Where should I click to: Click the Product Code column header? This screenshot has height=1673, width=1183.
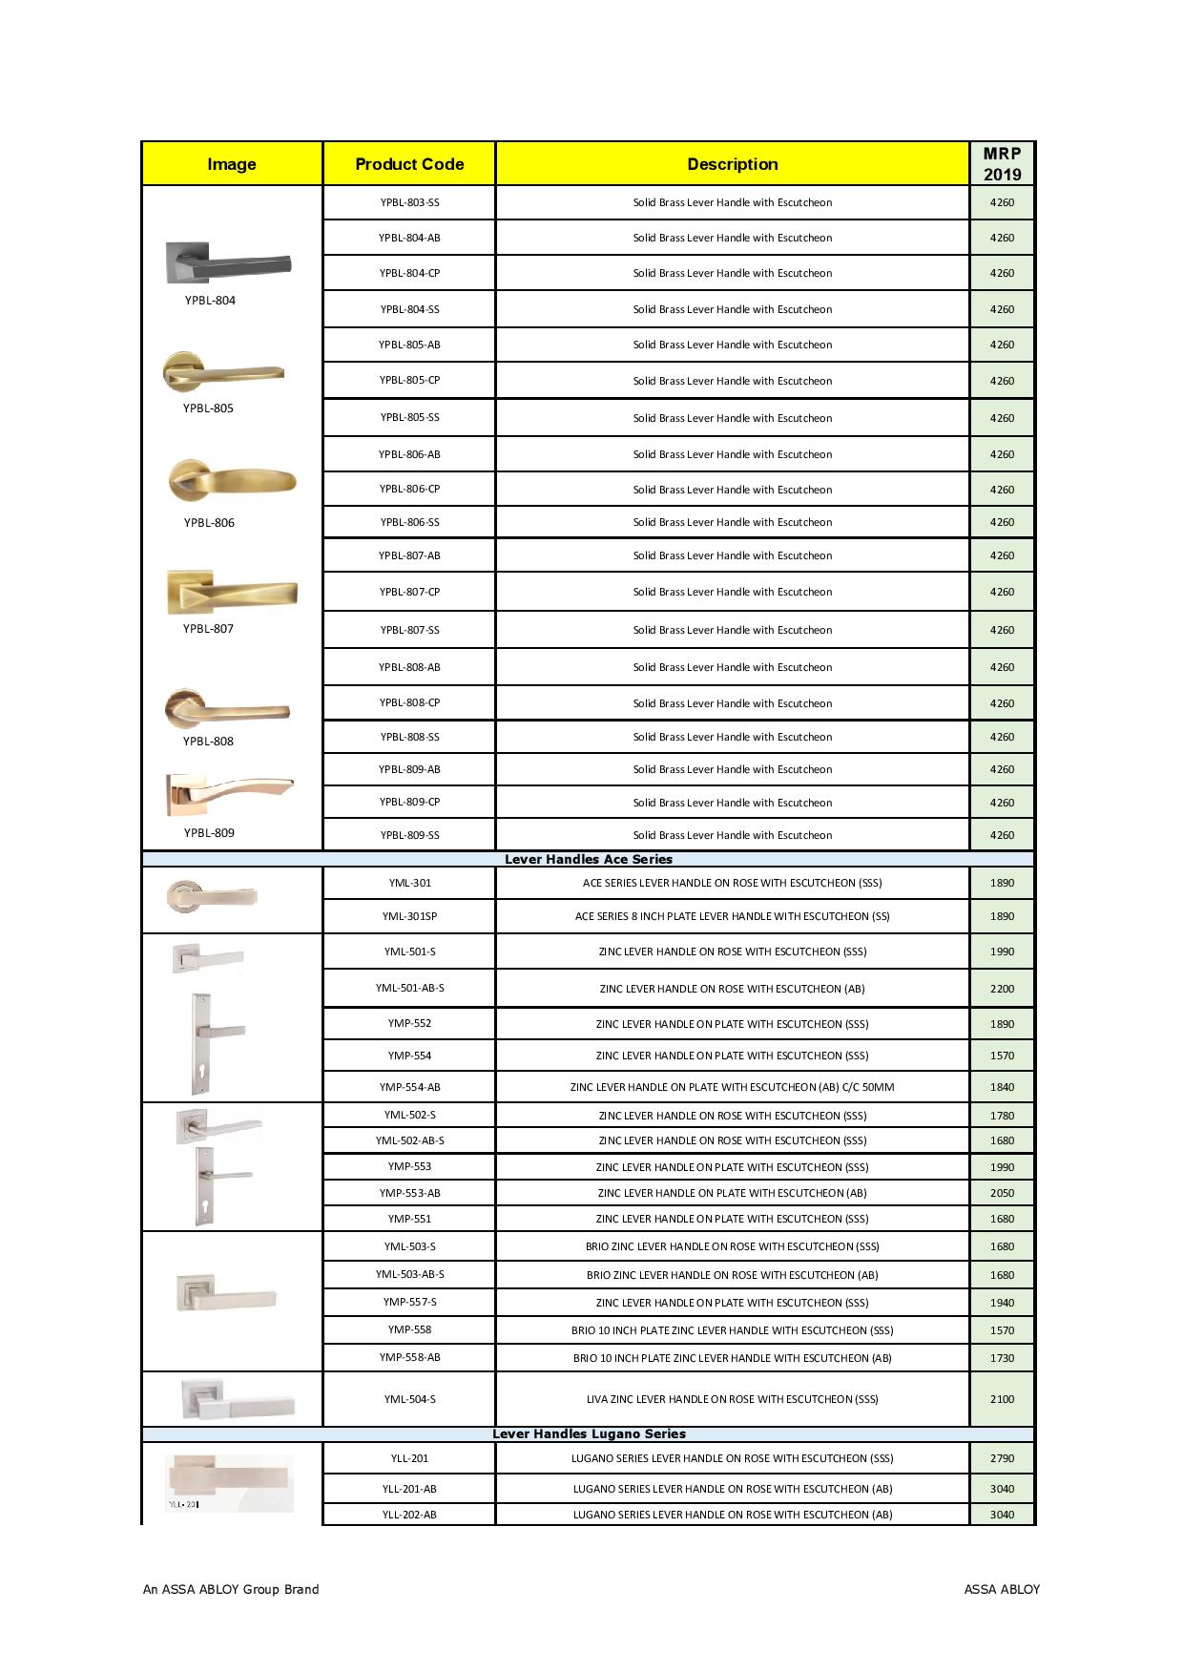pos(409,164)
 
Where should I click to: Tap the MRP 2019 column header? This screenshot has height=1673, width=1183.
pos(1002,164)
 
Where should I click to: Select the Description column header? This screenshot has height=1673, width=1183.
pos(732,164)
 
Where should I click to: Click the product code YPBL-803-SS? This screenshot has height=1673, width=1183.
pos(409,202)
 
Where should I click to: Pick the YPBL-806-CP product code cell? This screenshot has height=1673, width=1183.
pos(409,489)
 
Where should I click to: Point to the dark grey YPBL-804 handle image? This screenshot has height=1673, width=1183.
pos(229,262)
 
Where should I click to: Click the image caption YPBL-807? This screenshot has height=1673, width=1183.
pos(208,629)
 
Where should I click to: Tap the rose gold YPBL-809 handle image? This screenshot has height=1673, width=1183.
pos(229,793)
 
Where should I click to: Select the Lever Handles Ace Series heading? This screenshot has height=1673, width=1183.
pos(588,859)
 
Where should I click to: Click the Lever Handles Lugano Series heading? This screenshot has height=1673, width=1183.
pos(589,1433)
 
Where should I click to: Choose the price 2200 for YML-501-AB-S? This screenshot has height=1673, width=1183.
pos(1002,989)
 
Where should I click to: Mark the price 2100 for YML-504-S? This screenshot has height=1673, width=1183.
pos(1002,1399)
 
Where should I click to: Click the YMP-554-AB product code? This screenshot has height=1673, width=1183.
pos(409,1087)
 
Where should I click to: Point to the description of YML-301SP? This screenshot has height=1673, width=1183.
pos(732,916)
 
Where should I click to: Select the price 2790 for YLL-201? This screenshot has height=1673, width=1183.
pos(1002,1458)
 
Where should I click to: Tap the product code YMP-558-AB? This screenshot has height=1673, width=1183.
pos(409,1357)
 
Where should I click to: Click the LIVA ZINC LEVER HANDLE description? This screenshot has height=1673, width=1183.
pos(732,1399)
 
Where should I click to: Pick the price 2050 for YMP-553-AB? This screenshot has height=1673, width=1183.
pos(1002,1193)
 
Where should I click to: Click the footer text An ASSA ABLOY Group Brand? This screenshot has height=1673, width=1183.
pos(231,1589)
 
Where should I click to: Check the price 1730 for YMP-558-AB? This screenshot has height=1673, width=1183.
pos(1002,1357)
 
